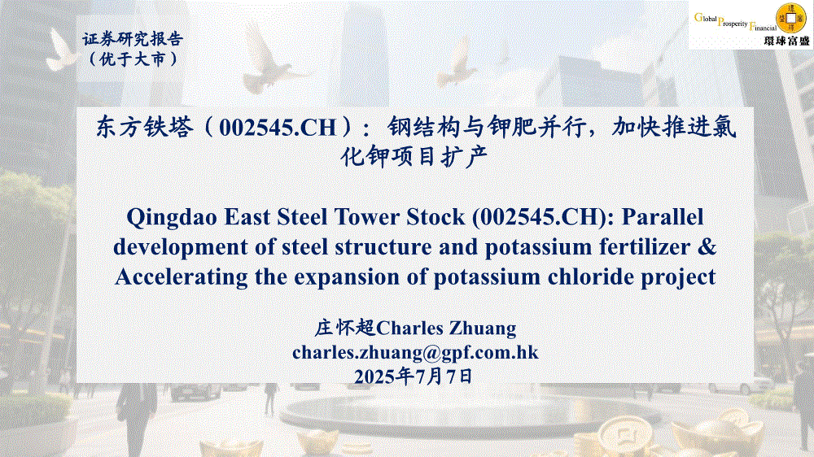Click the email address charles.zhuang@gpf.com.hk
[415, 353]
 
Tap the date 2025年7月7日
[414, 376]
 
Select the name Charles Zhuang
[446, 329]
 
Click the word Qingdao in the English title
[172, 218]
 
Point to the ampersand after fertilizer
[707, 247]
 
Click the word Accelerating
[182, 277]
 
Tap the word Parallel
[663, 217]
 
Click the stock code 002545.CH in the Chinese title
[278, 128]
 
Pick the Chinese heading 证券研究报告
[133, 39]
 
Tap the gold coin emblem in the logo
[790, 19]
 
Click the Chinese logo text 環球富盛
[787, 41]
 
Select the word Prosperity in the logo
[733, 24]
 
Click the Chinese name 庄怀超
[344, 329]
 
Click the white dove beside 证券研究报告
[60, 50]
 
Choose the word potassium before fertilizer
[538, 247]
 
